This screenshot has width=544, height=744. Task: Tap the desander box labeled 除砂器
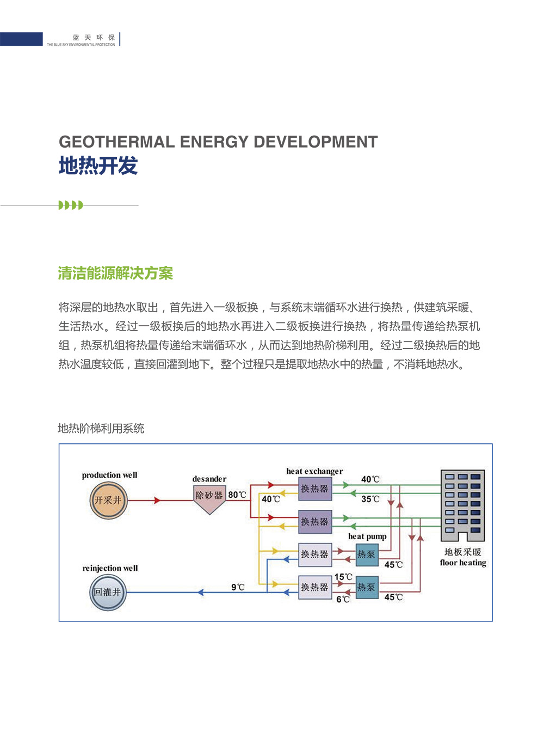click(209, 498)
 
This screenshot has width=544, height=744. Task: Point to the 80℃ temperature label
click(237, 495)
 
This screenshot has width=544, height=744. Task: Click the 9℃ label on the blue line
click(238, 587)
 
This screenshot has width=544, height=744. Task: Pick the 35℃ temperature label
click(370, 499)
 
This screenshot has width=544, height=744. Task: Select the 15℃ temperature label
click(343, 577)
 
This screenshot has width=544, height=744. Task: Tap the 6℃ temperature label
click(343, 599)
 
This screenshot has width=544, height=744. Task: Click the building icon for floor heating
click(463, 505)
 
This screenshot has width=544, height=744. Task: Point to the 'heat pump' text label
click(367, 536)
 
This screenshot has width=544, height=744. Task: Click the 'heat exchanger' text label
click(314, 471)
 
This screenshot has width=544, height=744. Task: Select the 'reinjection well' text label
click(110, 568)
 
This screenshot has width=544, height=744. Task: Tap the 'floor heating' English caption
click(463, 563)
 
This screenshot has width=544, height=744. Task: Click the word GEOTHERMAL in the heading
click(117, 142)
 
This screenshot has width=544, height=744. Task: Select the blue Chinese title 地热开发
click(98, 166)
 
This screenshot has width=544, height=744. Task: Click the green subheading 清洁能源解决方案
click(115, 273)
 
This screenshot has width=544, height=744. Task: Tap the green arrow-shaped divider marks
click(71, 205)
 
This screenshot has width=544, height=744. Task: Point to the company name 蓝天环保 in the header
click(94, 37)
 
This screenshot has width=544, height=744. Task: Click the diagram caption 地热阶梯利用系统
click(101, 429)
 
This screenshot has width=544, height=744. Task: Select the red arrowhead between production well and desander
click(157, 500)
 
